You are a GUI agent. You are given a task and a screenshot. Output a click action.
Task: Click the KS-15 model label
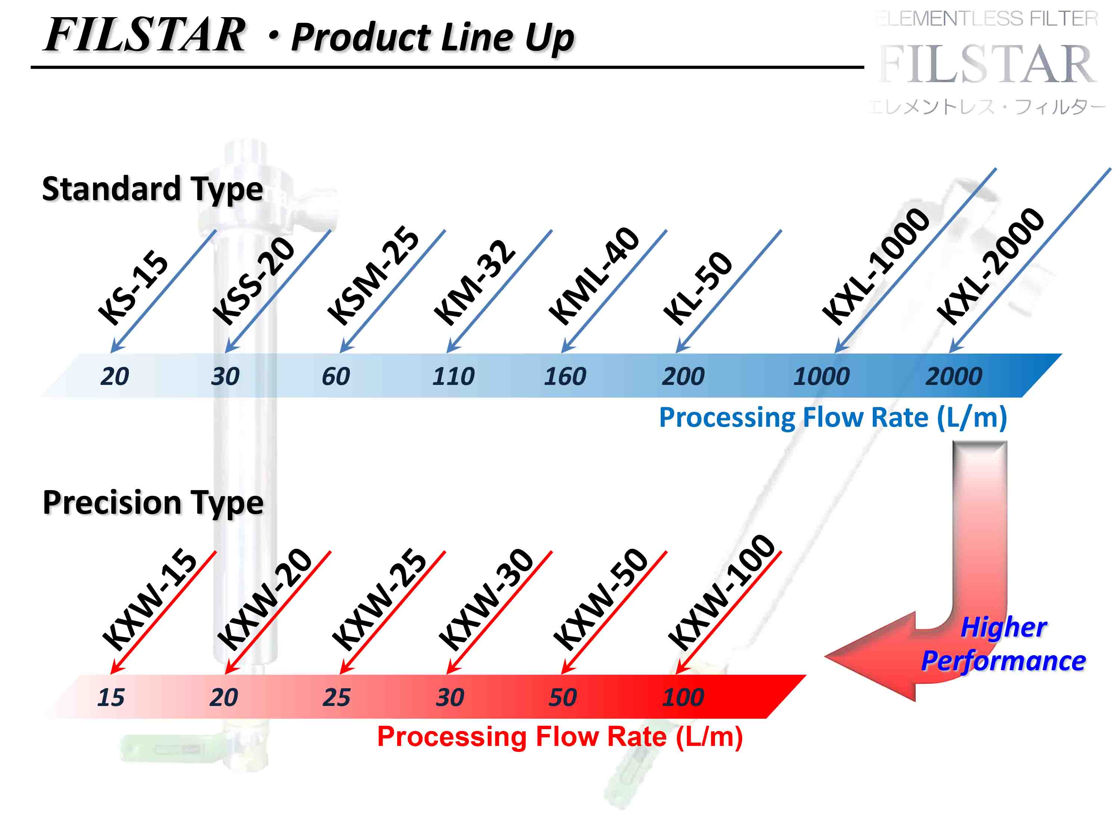(133, 287)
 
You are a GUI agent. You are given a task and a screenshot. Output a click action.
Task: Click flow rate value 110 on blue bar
(453, 376)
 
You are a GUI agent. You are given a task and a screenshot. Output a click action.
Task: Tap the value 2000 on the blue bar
(953, 376)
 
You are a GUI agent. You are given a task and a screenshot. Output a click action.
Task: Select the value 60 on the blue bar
(336, 376)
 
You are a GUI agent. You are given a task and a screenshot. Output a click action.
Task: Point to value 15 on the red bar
(111, 697)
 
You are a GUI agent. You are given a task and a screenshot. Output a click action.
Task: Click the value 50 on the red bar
(563, 697)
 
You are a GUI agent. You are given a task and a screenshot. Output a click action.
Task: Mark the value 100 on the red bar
(682, 697)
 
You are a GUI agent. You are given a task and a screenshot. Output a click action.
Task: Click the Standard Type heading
(152, 189)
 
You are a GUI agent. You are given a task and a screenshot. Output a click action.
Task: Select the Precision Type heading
(153, 503)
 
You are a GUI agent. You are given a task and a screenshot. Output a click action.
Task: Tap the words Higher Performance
(1004, 644)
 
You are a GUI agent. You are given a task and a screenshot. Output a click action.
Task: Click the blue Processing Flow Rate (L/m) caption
(833, 418)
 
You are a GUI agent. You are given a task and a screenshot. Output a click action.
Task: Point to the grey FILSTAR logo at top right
(987, 64)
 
